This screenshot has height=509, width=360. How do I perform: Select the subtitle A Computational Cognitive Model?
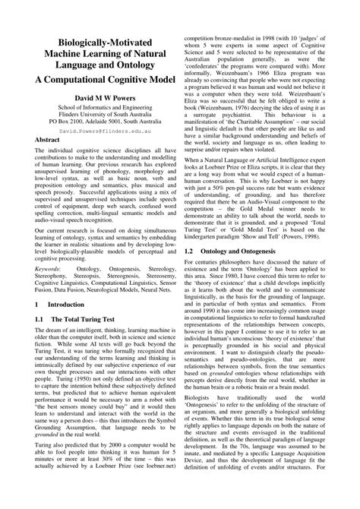[106, 81]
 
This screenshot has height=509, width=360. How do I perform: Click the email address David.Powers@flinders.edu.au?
[106, 131]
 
